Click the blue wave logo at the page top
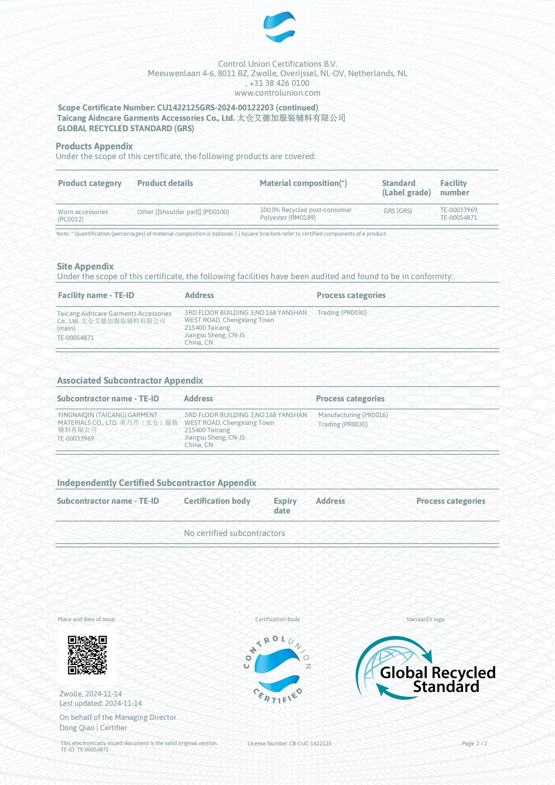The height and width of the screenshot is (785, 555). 279,27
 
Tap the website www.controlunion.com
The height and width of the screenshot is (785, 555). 277,93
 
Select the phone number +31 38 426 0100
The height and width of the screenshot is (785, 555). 279,83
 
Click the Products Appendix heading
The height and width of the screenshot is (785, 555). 94,146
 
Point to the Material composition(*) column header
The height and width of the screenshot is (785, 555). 303,183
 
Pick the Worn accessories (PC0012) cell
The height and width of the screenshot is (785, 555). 83,215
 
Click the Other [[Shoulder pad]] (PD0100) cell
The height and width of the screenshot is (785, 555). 183,212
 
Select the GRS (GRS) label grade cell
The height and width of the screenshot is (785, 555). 397,211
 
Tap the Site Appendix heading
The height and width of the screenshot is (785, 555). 85,266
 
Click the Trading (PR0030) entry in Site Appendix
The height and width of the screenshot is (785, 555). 342,312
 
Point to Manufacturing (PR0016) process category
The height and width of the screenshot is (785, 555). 353,415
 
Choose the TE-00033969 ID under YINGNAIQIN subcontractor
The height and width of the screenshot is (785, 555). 75,438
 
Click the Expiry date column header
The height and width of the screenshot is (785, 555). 285,506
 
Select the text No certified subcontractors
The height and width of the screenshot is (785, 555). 234,533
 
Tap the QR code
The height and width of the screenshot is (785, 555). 87,655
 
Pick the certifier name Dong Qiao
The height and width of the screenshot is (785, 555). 77,728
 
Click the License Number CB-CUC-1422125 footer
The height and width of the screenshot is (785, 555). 289,743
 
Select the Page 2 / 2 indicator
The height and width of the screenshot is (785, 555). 474,743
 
